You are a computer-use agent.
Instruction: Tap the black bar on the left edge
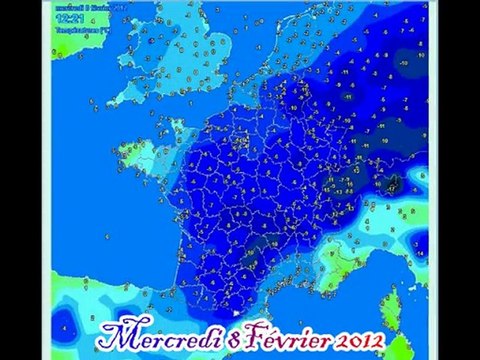pyautogui.click(x=24, y=180)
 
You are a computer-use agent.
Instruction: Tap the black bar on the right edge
pyautogui.click(x=456, y=180)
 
